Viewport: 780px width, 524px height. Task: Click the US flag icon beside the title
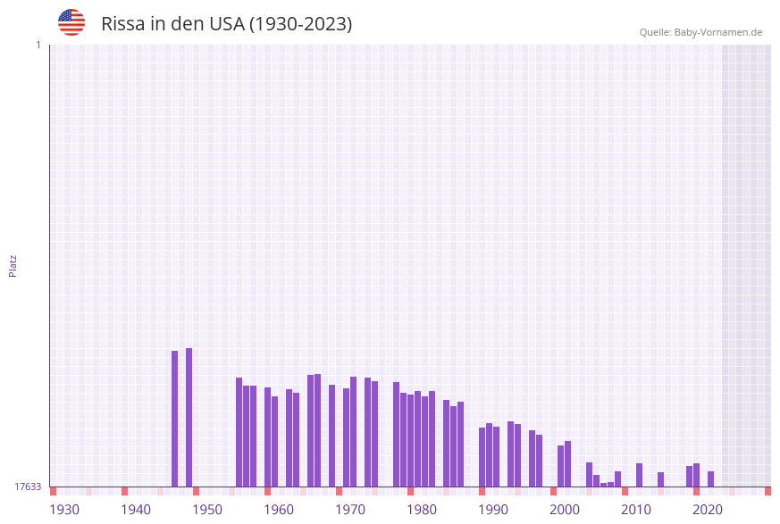click(71, 22)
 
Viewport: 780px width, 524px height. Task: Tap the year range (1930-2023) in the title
click(300, 24)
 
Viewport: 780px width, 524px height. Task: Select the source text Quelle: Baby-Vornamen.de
click(700, 32)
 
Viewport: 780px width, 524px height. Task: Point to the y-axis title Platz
click(13, 265)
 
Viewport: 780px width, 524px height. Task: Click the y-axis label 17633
click(28, 487)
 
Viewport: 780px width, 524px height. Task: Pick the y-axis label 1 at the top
click(38, 45)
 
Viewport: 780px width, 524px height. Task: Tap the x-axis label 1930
click(64, 510)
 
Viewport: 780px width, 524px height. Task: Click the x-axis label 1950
click(207, 510)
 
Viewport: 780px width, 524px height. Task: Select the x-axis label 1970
click(350, 510)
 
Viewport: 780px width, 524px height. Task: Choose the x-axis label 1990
click(493, 510)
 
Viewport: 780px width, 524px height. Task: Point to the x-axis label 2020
click(708, 510)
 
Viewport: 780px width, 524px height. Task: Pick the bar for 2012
click(639, 475)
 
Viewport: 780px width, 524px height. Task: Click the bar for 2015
click(660, 479)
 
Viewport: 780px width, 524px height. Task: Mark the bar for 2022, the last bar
click(710, 478)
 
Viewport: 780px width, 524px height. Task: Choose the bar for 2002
click(567, 463)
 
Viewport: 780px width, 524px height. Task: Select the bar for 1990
click(482, 457)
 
